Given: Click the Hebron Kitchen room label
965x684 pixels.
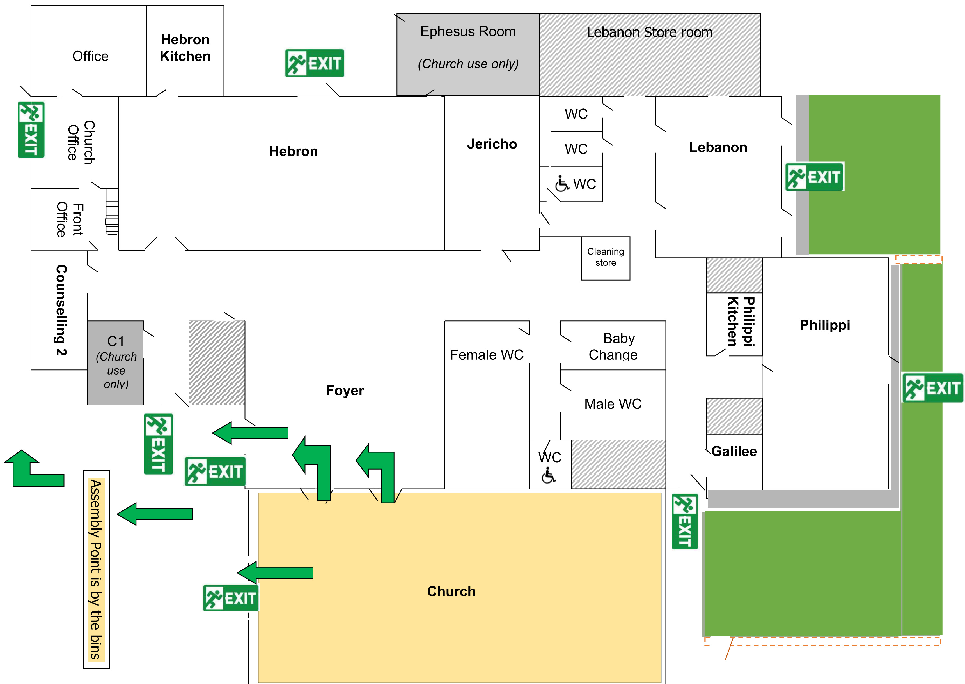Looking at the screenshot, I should tap(185, 48).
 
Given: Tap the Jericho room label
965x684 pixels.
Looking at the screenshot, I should tap(492, 144).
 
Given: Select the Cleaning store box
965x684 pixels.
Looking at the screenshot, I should tap(605, 258).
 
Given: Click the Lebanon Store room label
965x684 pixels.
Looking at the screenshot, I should tap(649, 33).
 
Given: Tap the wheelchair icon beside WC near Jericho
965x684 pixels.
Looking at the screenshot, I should tap(562, 184).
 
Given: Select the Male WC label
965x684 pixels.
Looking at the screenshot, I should tap(613, 404).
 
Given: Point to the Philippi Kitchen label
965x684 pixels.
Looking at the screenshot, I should tap(741, 321).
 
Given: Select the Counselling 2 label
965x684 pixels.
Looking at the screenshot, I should tap(61, 310).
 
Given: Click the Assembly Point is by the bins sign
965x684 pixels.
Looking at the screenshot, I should tap(96, 569).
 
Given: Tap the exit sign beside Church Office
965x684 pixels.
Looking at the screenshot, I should tap(31, 130).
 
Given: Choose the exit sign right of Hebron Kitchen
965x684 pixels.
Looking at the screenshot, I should tap(315, 63).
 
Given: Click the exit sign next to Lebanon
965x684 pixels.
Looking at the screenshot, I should tap(814, 177).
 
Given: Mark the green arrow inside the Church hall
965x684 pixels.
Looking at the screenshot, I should tap(276, 573).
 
